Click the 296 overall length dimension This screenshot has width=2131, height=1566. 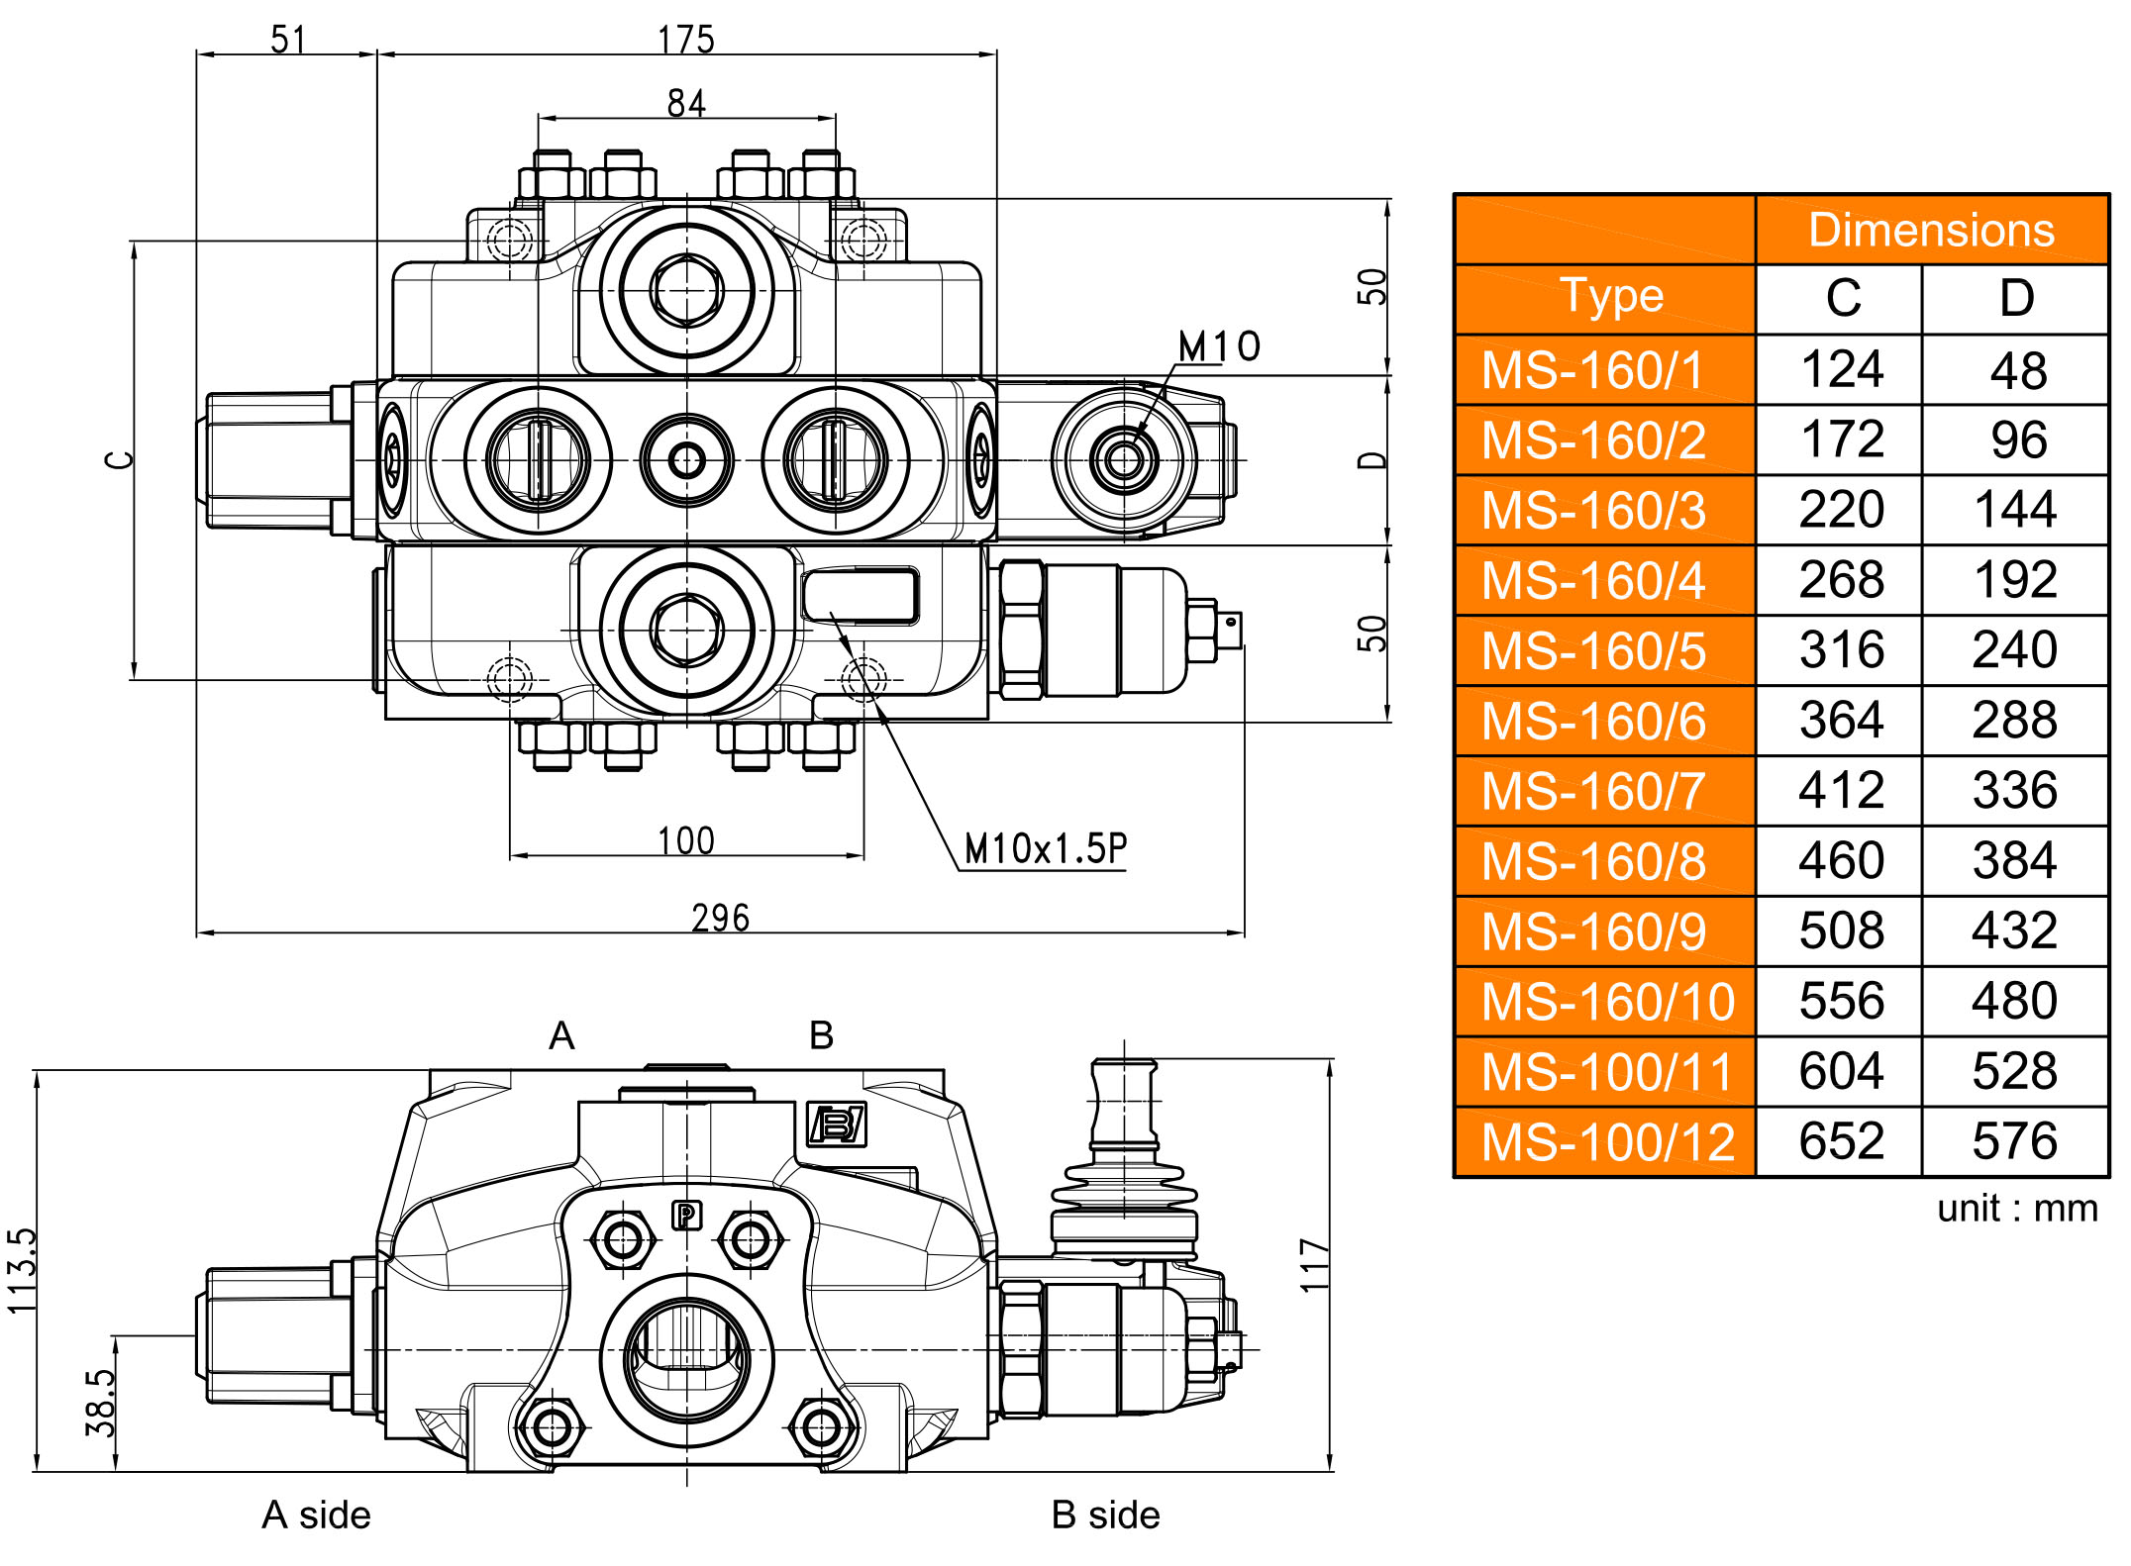pos(720,918)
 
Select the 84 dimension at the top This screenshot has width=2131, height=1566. pos(686,103)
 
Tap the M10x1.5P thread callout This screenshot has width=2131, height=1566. pos(1045,848)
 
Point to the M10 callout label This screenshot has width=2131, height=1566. pos(1219,346)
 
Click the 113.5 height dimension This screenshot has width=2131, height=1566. pos(22,1271)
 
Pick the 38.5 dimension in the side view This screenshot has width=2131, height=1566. pos(101,1403)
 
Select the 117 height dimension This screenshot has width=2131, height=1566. pos(1314,1264)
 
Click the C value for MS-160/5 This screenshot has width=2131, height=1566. pos(1842,650)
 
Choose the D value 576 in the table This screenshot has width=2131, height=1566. pos(2014,1141)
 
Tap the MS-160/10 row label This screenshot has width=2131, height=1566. pos(1607,1001)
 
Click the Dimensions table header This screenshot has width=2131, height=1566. pos(1931,230)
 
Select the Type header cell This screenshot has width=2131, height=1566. pos(1611,296)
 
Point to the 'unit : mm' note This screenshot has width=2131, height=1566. pos(2017,1209)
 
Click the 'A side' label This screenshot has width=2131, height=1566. pos(316,1515)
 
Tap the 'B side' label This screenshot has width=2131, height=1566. pos(1105,1515)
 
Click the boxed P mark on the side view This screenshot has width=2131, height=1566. pos(686,1215)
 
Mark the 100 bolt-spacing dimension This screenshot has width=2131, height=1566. pos(685,840)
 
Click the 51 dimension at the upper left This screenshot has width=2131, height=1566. pos(287,40)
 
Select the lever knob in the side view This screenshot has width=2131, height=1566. pos(1123,1099)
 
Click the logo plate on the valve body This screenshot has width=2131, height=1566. pos(838,1125)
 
